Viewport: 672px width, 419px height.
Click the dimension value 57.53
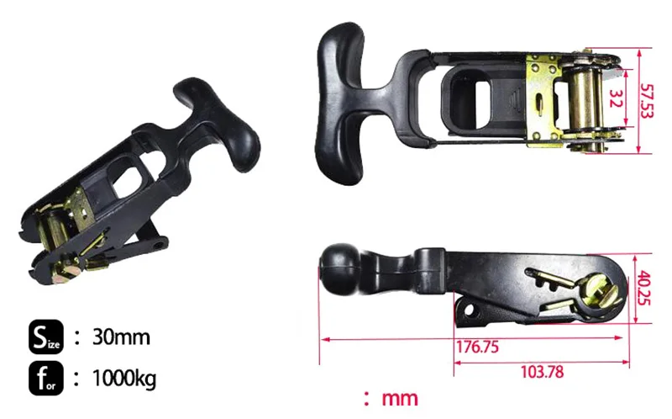[x=647, y=101]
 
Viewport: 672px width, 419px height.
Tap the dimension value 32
[x=616, y=98]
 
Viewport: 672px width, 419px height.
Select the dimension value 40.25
[x=644, y=288]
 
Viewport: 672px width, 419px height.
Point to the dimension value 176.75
[x=477, y=347]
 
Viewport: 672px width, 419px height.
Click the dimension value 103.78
[x=542, y=372]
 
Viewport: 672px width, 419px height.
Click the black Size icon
[x=46, y=337]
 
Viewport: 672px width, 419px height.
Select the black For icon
[x=46, y=379]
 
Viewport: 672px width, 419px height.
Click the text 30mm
[x=121, y=337]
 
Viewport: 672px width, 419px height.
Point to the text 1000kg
[x=124, y=379]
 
